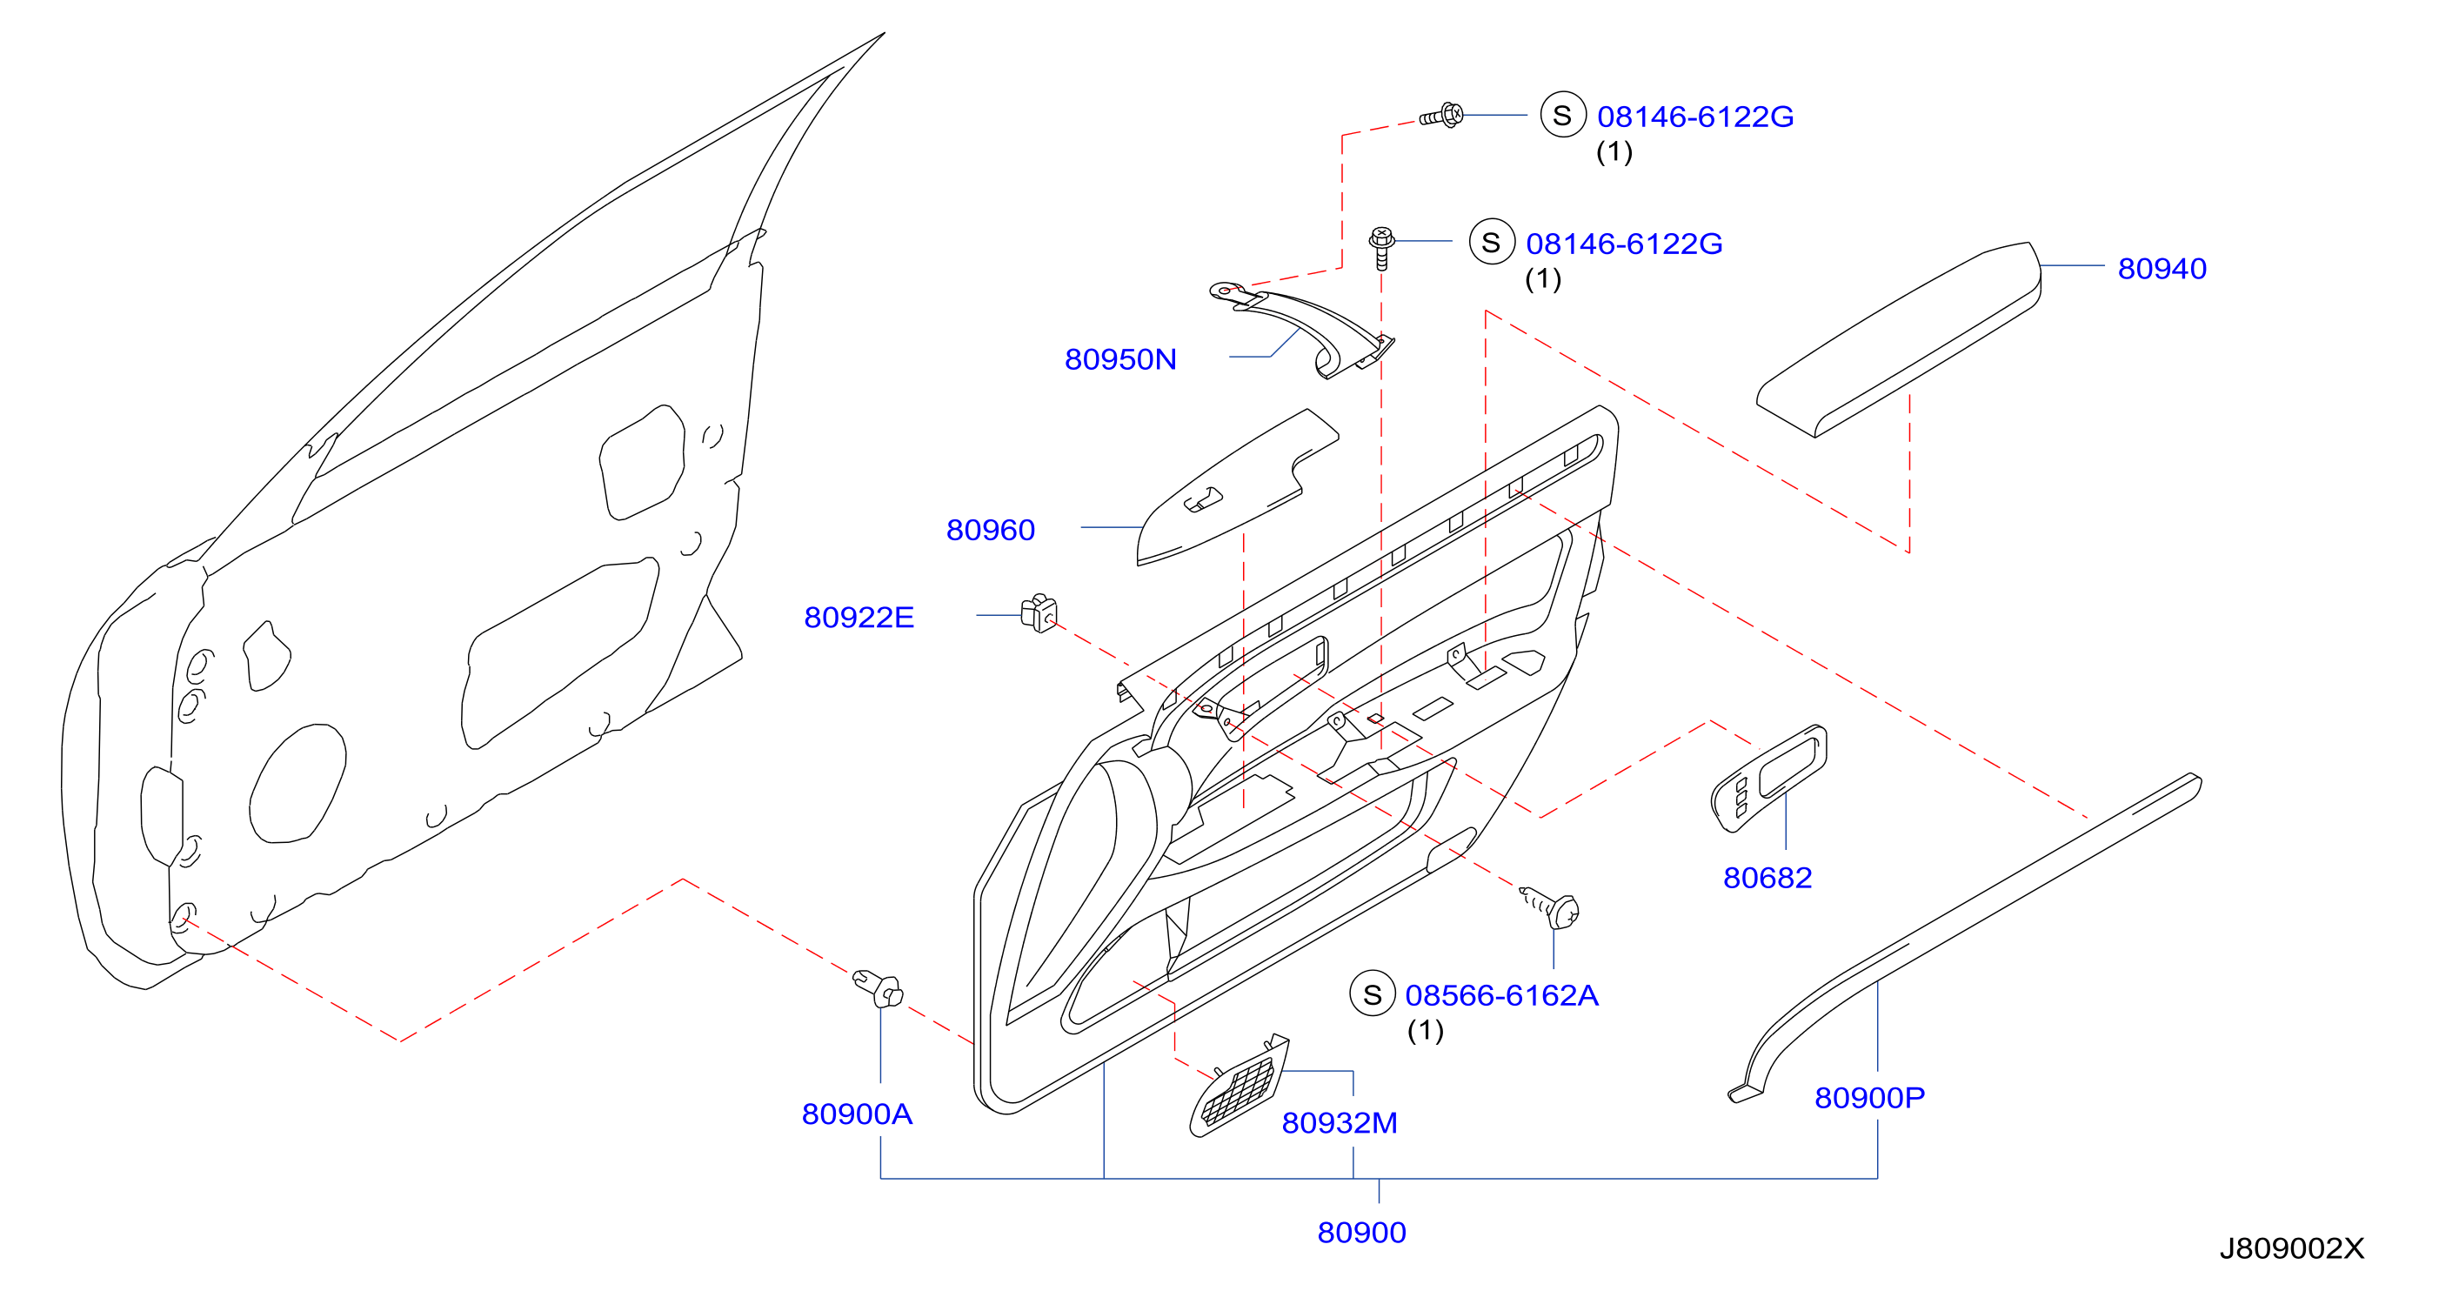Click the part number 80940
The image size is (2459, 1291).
click(x=2162, y=268)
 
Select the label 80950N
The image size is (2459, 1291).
click(x=1119, y=359)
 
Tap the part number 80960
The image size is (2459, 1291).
click(x=990, y=530)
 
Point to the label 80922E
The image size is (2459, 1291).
click(x=859, y=618)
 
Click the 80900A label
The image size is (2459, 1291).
click(x=856, y=1114)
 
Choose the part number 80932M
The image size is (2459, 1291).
click(x=1339, y=1123)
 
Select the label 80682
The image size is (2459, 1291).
click(x=1767, y=878)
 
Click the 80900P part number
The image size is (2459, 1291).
click(x=1869, y=1098)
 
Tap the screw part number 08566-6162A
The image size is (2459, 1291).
click(x=1500, y=996)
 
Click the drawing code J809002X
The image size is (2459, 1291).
click(x=2291, y=1249)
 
